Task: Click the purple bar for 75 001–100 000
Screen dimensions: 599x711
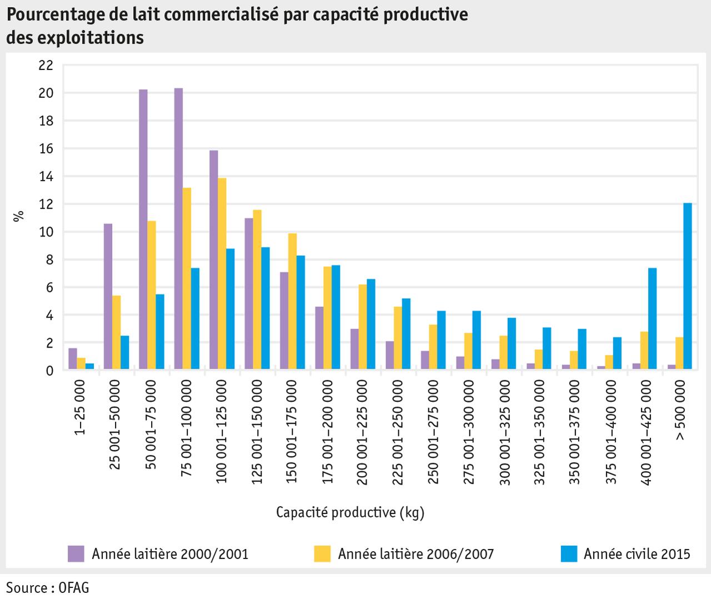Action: pos(178,229)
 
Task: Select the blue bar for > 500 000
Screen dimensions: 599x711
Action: pos(687,286)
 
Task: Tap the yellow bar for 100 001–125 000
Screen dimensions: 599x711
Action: pos(222,274)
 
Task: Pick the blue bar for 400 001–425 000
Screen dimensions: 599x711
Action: pos(652,319)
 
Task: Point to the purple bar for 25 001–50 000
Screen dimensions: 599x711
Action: pos(108,296)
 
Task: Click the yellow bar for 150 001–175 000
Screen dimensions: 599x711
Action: pos(292,301)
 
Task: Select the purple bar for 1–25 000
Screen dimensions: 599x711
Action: pos(73,359)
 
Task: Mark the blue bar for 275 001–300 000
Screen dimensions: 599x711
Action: pos(476,340)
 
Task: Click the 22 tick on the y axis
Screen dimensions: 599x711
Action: pos(46,66)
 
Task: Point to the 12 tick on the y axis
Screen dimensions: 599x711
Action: pos(46,204)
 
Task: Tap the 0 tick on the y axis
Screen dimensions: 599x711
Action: pos(49,371)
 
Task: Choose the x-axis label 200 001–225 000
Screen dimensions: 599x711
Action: pos(362,432)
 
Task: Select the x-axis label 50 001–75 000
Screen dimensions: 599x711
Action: pos(151,425)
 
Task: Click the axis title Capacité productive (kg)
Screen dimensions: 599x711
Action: pos(350,512)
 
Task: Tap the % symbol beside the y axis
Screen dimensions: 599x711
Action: pos(19,216)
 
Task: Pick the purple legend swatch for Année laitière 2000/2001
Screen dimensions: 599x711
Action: pos(76,553)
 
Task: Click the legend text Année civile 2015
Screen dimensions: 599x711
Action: pos(637,553)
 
